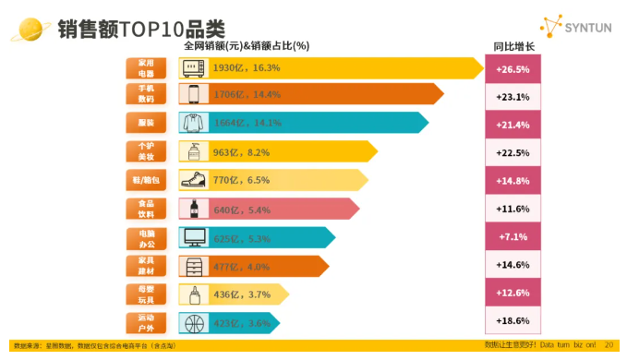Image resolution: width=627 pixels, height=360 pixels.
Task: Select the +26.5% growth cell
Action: [x=512, y=68]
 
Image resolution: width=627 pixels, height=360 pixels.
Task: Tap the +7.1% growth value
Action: [x=512, y=237]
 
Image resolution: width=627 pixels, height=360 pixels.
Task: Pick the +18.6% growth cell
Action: [x=512, y=321]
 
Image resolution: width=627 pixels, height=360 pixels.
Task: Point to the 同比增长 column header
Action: [x=513, y=46]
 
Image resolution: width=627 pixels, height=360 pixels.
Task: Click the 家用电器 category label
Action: [x=146, y=68]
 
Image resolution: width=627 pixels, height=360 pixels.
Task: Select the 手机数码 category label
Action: [x=146, y=94]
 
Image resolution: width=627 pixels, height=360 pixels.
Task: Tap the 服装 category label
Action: [x=146, y=123]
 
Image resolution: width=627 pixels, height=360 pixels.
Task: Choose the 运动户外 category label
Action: [x=146, y=322]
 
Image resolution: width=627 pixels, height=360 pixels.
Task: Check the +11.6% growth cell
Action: [x=512, y=209]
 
